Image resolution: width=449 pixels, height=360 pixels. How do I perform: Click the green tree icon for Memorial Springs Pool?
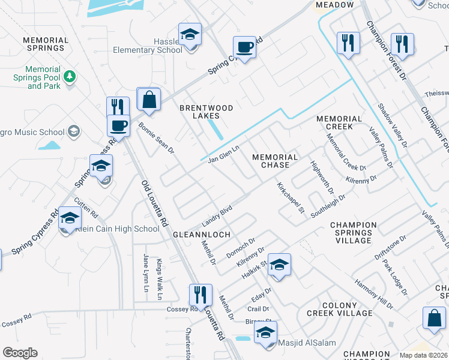point(70,76)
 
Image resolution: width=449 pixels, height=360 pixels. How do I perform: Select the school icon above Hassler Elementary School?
point(190,34)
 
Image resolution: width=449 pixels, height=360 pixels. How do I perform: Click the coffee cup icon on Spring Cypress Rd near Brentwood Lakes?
point(244,47)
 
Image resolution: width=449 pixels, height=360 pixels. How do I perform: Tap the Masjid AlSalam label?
point(304,343)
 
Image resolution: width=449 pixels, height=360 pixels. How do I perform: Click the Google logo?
point(20,353)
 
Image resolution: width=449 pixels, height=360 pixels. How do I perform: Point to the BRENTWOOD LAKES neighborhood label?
point(206,112)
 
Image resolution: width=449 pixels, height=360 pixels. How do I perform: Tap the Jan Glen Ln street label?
point(223,154)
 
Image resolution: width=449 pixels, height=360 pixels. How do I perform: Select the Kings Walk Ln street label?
point(160,280)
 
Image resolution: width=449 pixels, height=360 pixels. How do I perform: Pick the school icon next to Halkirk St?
point(279,265)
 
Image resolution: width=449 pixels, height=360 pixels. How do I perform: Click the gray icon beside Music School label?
point(74,131)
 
